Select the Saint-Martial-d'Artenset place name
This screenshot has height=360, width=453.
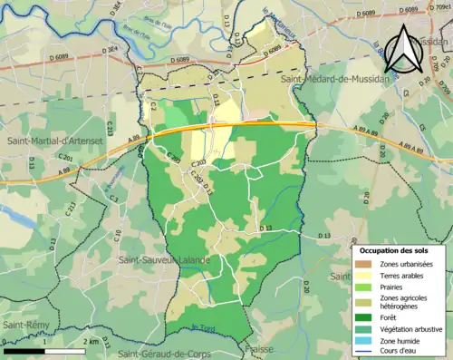pos(52,141)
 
